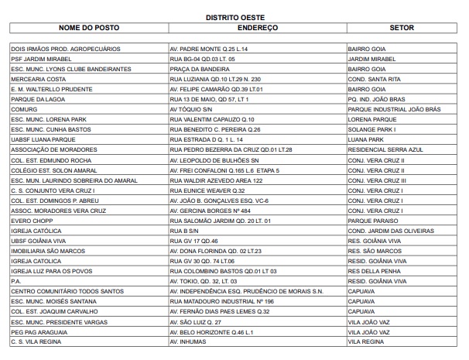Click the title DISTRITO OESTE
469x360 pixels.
(x=234, y=15)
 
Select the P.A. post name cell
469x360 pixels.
(x=15, y=279)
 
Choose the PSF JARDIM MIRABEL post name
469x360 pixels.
(x=40, y=58)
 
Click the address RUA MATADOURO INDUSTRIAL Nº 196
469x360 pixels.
(x=222, y=299)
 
